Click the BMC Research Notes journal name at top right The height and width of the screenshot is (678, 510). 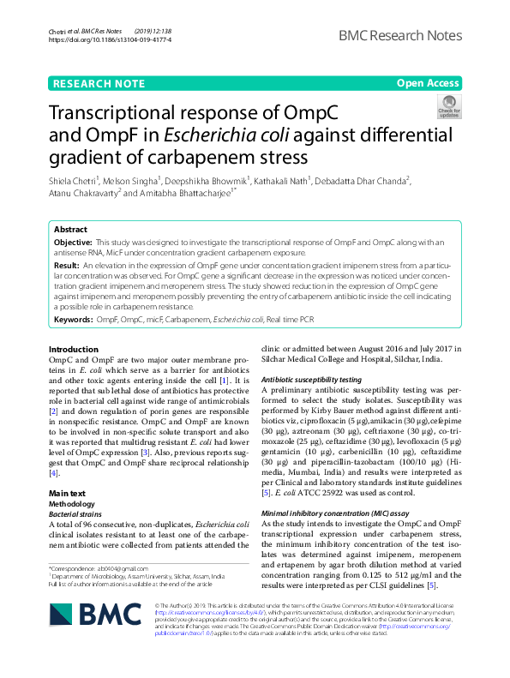(399, 35)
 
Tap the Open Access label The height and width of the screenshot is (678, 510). (428, 83)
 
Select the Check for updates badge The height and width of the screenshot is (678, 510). (448, 107)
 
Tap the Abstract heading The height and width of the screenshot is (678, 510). (70, 230)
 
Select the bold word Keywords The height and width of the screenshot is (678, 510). (73, 318)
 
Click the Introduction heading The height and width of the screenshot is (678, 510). (74, 349)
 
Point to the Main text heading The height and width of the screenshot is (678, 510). (67, 494)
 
